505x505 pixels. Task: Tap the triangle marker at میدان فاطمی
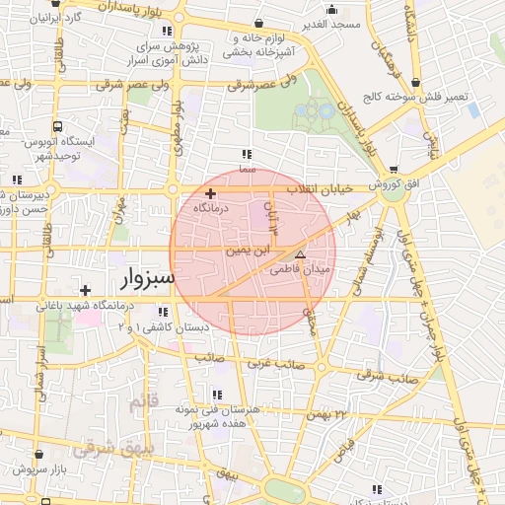click(301, 253)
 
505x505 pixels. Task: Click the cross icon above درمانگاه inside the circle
click(210, 193)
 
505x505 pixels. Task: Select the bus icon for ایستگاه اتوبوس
click(58, 127)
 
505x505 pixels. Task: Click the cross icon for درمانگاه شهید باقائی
click(86, 290)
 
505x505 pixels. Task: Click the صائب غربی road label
click(260, 365)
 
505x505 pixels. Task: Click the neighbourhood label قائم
click(143, 402)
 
